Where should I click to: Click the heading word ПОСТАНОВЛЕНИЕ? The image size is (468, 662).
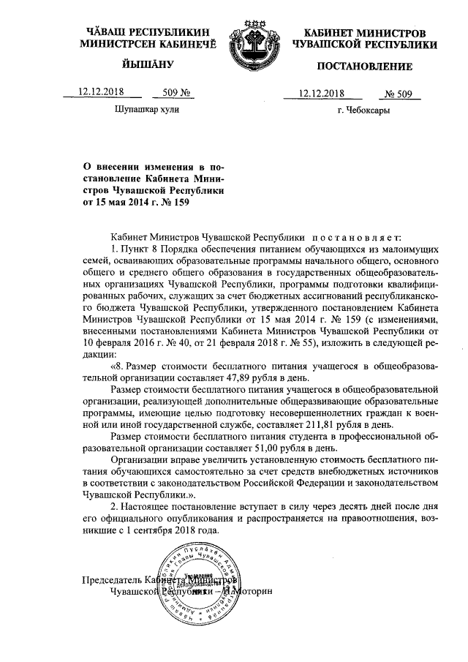(x=364, y=67)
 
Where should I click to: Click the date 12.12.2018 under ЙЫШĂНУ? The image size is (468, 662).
(x=101, y=93)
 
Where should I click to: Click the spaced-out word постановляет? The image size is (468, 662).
(x=352, y=238)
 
